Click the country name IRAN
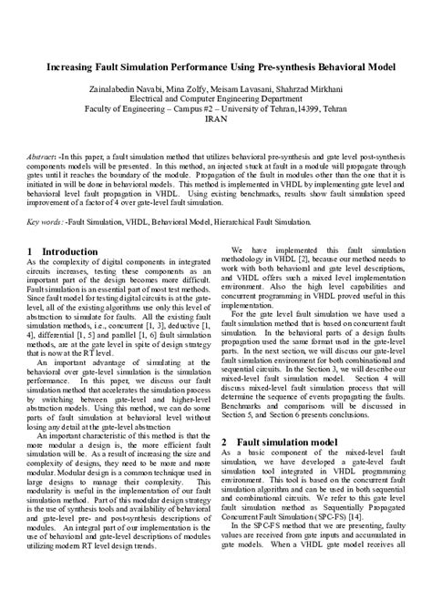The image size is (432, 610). tap(216, 118)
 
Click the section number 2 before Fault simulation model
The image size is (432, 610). tap(225, 442)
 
